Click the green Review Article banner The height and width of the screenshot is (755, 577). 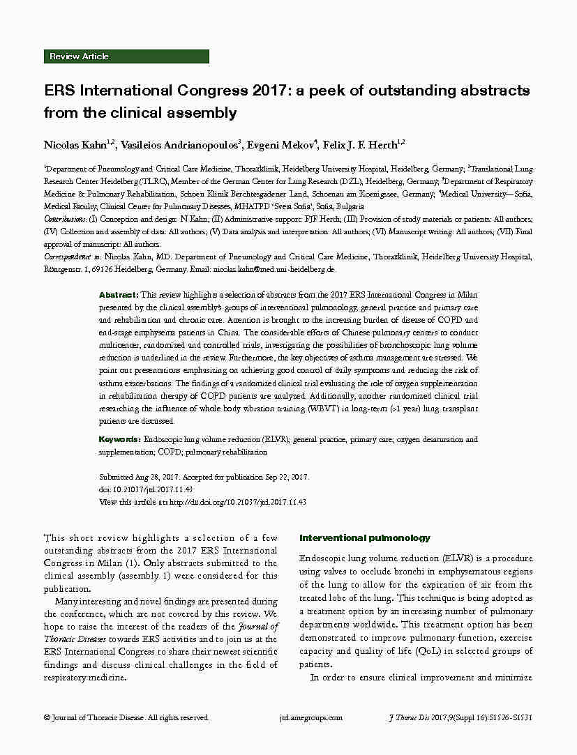click(x=126, y=56)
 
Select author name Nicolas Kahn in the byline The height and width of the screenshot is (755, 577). click(x=75, y=145)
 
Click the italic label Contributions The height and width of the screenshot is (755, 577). click(x=67, y=219)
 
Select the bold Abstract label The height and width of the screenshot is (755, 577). click(x=118, y=295)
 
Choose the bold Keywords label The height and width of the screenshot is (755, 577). click(x=120, y=440)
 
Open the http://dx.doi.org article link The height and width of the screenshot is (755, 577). click(x=238, y=502)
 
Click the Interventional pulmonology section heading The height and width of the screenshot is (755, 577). click(x=364, y=538)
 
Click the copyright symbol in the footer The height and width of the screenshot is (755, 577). click(x=47, y=717)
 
